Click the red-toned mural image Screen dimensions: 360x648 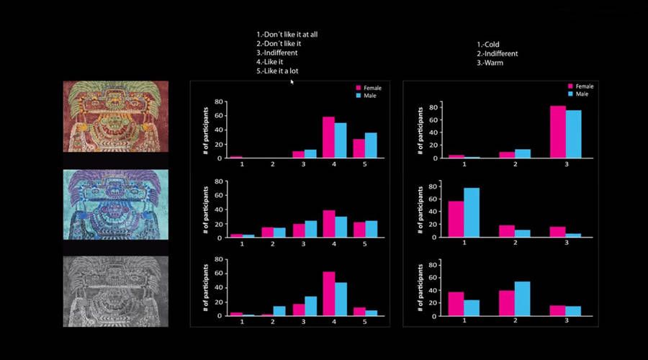[115, 116]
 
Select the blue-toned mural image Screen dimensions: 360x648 [115, 204]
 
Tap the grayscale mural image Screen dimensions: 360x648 [115, 291]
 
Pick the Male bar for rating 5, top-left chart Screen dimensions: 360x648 [371, 145]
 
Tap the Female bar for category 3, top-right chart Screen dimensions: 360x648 [557, 132]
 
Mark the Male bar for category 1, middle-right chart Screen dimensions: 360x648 [472, 212]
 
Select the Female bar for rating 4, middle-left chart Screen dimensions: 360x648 [328, 223]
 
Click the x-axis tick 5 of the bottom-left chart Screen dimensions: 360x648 [364, 322]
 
